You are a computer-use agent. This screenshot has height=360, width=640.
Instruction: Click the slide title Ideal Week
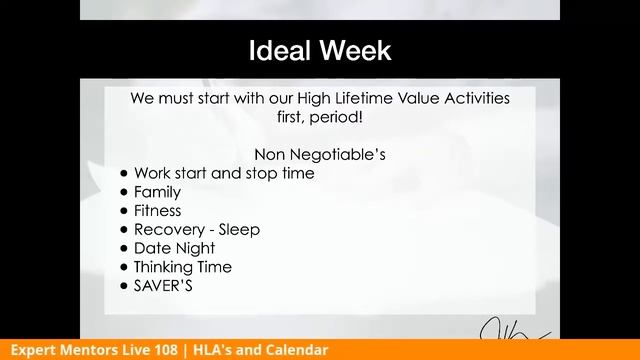pyautogui.click(x=320, y=51)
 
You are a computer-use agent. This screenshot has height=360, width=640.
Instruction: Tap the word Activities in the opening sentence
pyautogui.click(x=471, y=98)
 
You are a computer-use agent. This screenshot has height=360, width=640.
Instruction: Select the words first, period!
pyautogui.click(x=320, y=117)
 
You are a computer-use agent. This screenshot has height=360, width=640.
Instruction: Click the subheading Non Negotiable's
pyautogui.click(x=320, y=155)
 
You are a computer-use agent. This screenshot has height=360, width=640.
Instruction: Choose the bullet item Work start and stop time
pyautogui.click(x=224, y=173)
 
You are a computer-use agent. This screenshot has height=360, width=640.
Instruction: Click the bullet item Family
pyautogui.click(x=157, y=192)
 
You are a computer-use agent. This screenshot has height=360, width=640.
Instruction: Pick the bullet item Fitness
pyautogui.click(x=157, y=211)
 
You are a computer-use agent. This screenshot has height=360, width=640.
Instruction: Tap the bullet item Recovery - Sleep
pyautogui.click(x=196, y=230)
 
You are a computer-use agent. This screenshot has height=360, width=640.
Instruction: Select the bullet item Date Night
pyautogui.click(x=174, y=248)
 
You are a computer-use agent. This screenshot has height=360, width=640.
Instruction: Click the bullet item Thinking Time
pyautogui.click(x=182, y=267)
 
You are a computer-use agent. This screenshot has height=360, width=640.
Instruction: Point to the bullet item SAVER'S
pyautogui.click(x=162, y=286)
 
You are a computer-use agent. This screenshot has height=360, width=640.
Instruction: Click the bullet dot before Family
pyautogui.click(x=124, y=192)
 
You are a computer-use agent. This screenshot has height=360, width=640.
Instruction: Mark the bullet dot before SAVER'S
pyautogui.click(x=124, y=286)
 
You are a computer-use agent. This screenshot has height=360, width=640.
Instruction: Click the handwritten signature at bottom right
pyautogui.click(x=511, y=329)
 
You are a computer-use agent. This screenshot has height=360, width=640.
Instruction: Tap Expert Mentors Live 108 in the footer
pyautogui.click(x=95, y=350)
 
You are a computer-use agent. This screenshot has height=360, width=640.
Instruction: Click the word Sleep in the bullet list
pyautogui.click(x=239, y=230)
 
